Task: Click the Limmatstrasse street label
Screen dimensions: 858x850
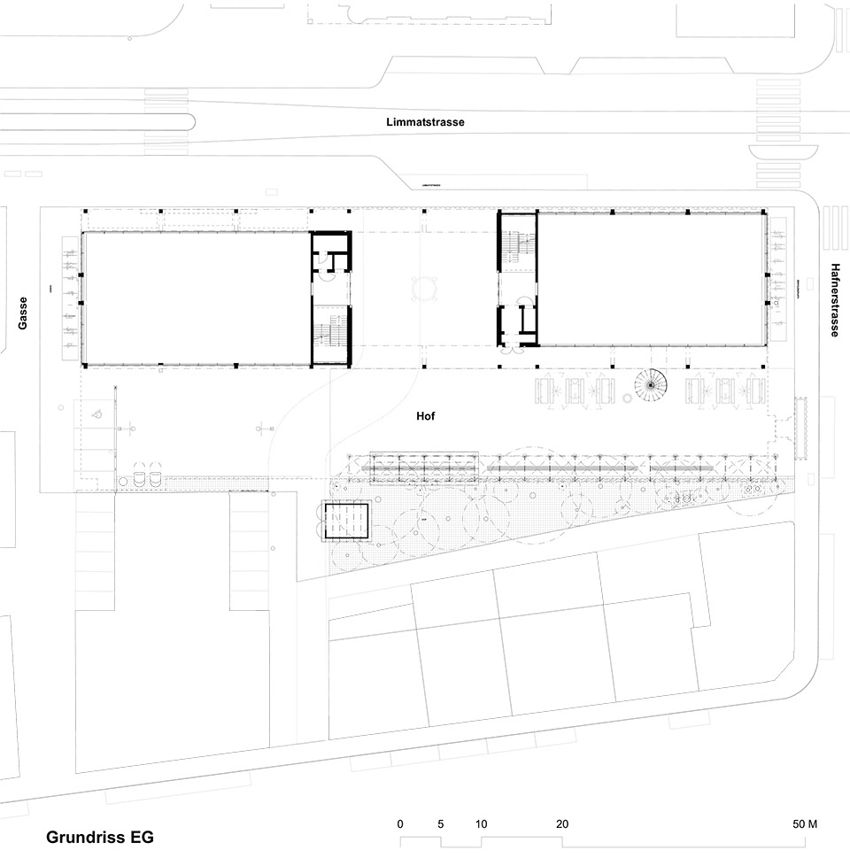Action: (x=425, y=123)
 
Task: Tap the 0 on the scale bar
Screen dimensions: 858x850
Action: (x=400, y=823)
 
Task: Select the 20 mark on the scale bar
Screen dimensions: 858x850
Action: (x=561, y=823)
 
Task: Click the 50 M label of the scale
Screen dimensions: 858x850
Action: (x=805, y=823)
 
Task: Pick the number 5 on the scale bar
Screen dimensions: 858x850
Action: (x=441, y=823)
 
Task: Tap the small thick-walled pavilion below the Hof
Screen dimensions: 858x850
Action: (x=346, y=520)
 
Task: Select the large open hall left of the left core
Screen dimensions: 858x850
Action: (x=195, y=298)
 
